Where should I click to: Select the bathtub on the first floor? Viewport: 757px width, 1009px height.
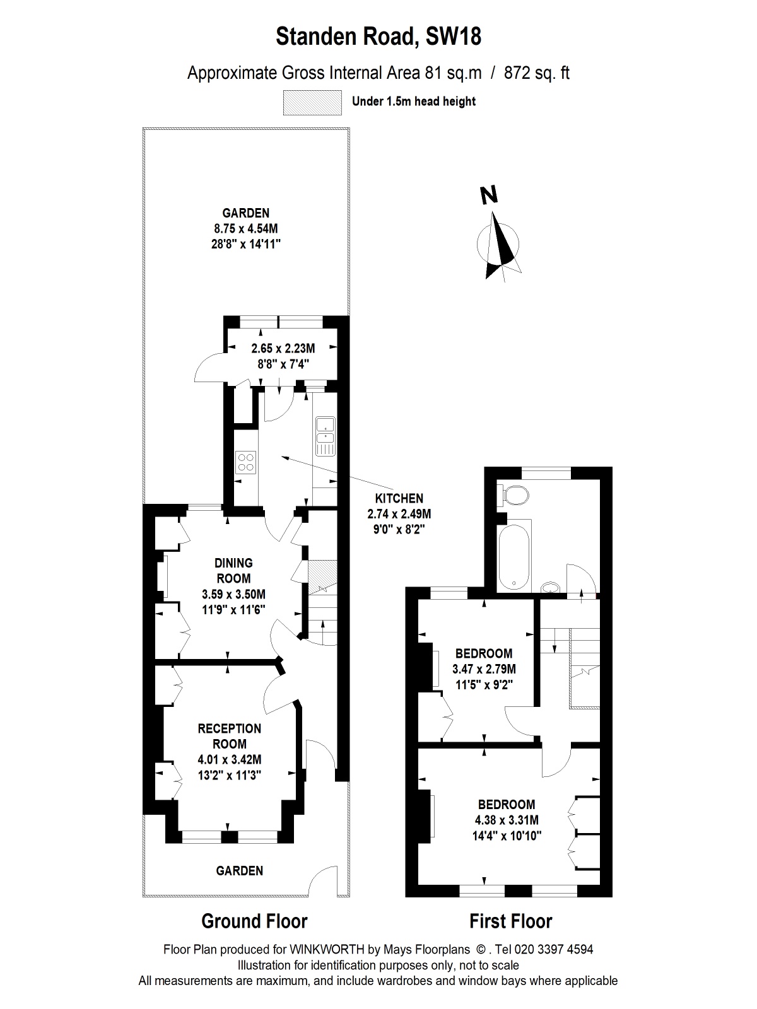pyautogui.click(x=514, y=557)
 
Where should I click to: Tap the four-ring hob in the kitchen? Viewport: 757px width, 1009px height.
pyautogui.click(x=246, y=462)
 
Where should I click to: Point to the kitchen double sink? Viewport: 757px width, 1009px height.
pyautogui.click(x=326, y=436)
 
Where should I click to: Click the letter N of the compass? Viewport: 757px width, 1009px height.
pyautogui.click(x=489, y=195)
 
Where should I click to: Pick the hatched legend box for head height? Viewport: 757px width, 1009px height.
pyautogui.click(x=312, y=102)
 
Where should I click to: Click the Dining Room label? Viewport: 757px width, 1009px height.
pyautogui.click(x=233, y=571)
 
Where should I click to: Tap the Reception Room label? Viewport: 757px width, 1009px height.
pyautogui.click(x=230, y=736)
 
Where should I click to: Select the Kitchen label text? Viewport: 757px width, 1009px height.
pyautogui.click(x=399, y=498)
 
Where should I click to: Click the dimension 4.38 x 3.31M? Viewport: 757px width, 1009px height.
pyautogui.click(x=507, y=820)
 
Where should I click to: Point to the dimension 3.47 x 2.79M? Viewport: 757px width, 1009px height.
pyautogui.click(x=484, y=669)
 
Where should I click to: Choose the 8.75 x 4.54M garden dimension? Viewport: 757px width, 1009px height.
pyautogui.click(x=246, y=228)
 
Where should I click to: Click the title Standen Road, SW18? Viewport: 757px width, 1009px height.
pyautogui.click(x=378, y=37)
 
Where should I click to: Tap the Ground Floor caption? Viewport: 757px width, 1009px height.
pyautogui.click(x=254, y=921)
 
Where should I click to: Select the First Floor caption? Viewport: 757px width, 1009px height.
pyautogui.click(x=510, y=921)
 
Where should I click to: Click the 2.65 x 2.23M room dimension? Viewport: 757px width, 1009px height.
pyautogui.click(x=283, y=349)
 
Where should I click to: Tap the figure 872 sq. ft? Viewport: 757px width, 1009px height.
pyautogui.click(x=536, y=73)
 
